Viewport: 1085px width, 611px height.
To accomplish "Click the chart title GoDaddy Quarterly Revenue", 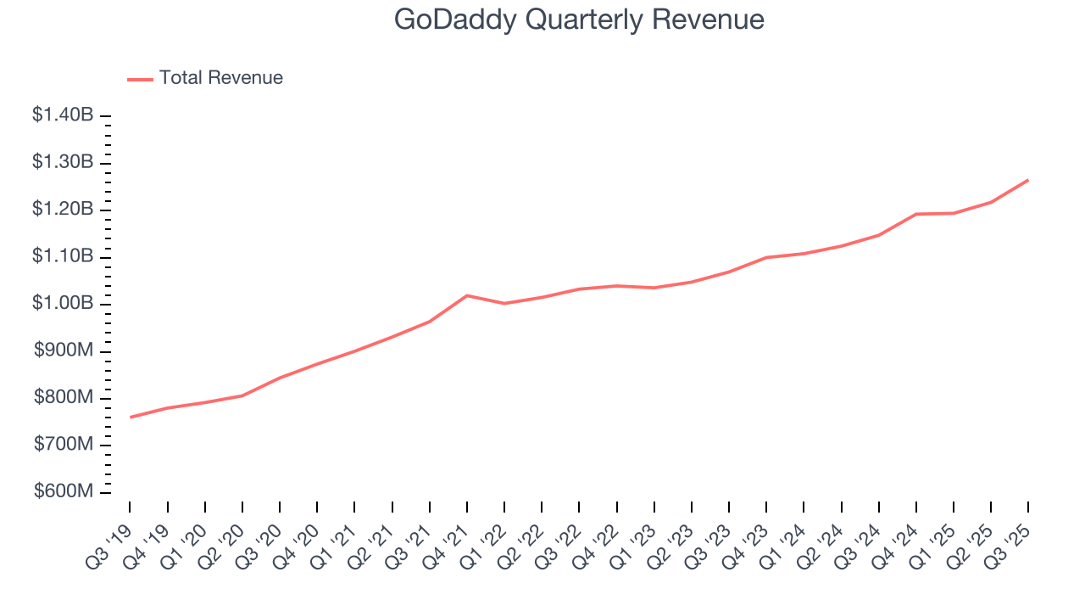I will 579,19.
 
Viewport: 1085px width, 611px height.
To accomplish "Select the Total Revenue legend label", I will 220,78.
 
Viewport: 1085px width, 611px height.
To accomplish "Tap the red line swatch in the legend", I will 140,79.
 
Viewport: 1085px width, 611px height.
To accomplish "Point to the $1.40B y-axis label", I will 63,115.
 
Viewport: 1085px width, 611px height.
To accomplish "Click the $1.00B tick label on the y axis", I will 63,304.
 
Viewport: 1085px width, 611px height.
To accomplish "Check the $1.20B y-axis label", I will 63,210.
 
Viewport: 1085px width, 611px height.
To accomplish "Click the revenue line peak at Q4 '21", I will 467,295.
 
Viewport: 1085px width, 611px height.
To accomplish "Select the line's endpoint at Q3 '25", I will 1028,180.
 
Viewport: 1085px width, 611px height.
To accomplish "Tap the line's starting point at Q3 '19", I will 131,417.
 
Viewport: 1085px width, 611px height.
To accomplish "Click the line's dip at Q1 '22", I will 504,303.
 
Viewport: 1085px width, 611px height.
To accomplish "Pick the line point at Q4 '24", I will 916,214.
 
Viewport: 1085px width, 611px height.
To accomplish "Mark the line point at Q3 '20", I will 280,378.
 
